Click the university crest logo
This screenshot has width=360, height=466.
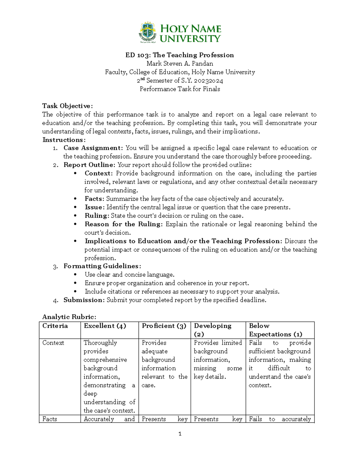coord(147,32)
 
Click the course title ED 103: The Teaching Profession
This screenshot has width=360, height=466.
coord(180,55)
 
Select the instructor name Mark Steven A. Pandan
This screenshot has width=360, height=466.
coord(180,64)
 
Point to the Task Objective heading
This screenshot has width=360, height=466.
coord(67,106)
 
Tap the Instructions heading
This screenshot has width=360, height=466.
coord(64,140)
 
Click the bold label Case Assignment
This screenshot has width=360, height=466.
coord(93,148)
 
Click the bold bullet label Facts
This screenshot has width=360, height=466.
coord(94,199)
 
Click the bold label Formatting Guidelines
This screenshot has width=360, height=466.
coord(102,266)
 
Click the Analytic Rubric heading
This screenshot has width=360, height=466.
coord(69,317)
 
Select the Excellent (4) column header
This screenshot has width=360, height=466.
coord(105,326)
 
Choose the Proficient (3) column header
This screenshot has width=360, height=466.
coord(164,326)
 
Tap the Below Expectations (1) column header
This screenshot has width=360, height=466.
coord(275,330)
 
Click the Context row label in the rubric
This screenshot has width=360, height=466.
coord(53,343)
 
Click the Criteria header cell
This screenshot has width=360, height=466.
coord(55,326)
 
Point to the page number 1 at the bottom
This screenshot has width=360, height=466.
coord(180,434)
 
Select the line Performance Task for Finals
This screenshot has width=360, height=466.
coord(180,89)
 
